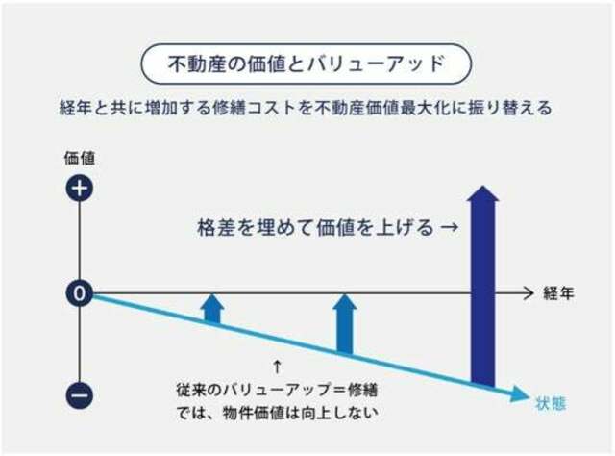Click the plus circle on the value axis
pyautogui.click(x=80, y=188)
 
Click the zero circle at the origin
pyautogui.click(x=80, y=293)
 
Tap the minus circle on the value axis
pyautogui.click(x=80, y=394)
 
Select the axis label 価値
pyautogui.click(x=80, y=159)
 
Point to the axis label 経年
pyautogui.click(x=558, y=293)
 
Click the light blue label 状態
pyautogui.click(x=551, y=403)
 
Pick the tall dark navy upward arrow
pyautogui.click(x=482, y=286)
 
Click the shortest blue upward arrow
pyautogui.click(x=212, y=309)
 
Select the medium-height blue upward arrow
pyautogui.click(x=345, y=324)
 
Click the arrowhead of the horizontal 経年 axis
pyautogui.click(x=529, y=293)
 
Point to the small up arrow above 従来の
pyautogui.click(x=278, y=367)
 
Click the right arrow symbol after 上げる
pyautogui.click(x=449, y=227)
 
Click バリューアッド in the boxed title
pyautogui.click(x=376, y=63)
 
